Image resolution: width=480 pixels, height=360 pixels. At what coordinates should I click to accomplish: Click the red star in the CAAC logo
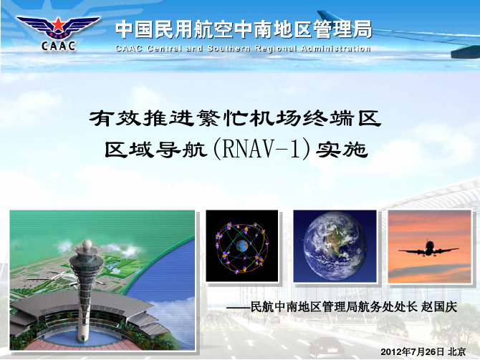point(57,24)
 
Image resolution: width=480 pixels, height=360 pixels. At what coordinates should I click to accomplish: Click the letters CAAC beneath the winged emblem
point(58,46)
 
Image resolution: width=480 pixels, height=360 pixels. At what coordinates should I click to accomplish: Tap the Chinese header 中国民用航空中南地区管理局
point(244,29)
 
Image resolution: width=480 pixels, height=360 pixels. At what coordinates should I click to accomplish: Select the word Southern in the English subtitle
point(229,49)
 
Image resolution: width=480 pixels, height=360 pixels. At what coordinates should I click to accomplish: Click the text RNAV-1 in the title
point(261,150)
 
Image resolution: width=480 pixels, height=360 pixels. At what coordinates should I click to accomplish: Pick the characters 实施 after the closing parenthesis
point(342,150)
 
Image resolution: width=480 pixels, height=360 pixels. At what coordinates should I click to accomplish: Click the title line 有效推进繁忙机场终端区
point(235,118)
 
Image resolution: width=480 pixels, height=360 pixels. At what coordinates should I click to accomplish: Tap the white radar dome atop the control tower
point(87,245)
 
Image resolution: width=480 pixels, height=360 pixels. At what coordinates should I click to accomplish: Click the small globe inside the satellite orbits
point(242,245)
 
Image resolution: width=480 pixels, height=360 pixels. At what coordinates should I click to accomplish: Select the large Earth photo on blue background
point(335,246)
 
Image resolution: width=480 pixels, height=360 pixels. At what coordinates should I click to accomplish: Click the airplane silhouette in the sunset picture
point(429,249)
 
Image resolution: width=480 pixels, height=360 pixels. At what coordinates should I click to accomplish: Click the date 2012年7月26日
point(412,351)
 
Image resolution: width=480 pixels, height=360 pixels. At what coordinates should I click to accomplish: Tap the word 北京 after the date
point(457,351)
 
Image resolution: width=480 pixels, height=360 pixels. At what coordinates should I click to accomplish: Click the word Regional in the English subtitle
point(276,49)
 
